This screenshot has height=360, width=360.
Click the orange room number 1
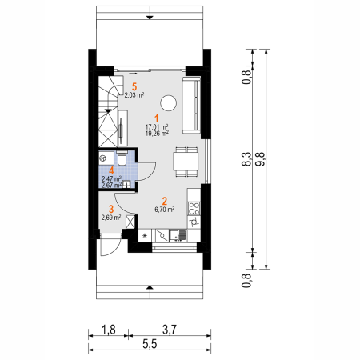(157, 119)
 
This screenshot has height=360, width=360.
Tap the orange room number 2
(165, 202)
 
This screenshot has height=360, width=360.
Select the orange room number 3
(111, 210)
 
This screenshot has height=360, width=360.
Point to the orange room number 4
(111, 170)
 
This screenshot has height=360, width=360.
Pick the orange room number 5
(134, 86)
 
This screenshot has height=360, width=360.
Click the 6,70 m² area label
(165, 210)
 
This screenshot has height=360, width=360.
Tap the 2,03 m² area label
(134, 94)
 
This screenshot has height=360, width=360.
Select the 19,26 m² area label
(157, 134)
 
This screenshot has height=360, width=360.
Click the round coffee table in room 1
(169, 103)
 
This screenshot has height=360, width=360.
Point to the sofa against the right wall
(191, 105)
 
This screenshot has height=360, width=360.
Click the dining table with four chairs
(186, 162)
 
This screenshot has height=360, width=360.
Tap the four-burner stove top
(194, 209)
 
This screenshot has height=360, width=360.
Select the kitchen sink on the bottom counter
(178, 235)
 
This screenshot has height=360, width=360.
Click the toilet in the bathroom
(122, 158)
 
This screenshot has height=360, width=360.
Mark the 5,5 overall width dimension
(150, 344)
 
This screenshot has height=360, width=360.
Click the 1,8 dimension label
(109, 330)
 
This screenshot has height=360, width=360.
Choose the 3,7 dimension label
(170, 330)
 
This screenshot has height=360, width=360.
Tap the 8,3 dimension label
(246, 159)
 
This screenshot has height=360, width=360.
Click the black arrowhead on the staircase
(108, 110)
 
